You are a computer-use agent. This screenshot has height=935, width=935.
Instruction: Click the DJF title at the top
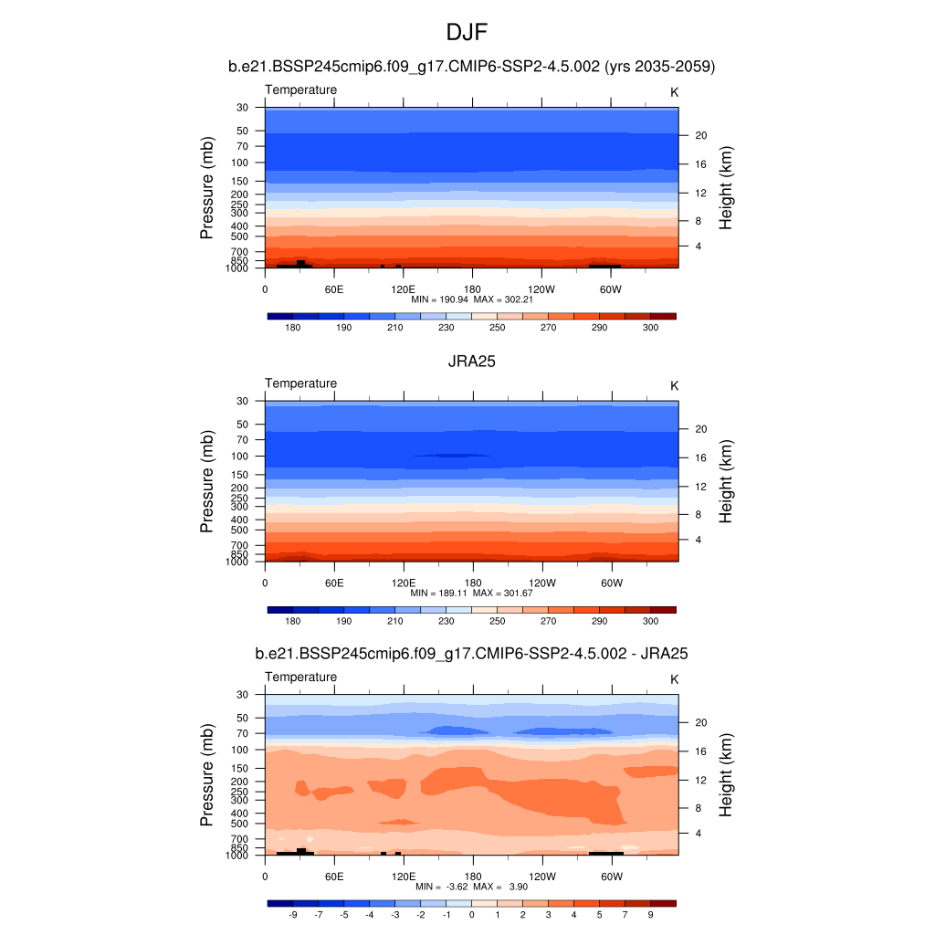(x=467, y=34)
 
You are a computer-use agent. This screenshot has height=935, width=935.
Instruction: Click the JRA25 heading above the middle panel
(x=471, y=361)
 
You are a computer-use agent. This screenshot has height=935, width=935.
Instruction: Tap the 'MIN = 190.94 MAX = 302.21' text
(x=472, y=299)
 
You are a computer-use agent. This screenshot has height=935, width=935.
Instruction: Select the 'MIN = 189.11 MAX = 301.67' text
(x=472, y=593)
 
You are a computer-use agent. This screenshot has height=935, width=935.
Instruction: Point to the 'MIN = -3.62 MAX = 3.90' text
(x=472, y=887)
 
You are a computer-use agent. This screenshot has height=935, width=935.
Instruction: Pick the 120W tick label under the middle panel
(x=541, y=583)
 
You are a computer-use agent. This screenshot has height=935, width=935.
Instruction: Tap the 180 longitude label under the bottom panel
(x=472, y=877)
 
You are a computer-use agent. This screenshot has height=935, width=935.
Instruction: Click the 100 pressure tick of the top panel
(x=241, y=163)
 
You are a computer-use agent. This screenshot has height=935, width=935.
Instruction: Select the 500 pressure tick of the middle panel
(x=241, y=530)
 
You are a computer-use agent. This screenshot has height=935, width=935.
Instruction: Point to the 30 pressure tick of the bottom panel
(x=244, y=695)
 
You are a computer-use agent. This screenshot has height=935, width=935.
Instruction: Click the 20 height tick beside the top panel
(x=701, y=135)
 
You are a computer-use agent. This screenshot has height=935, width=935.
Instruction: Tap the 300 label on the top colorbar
(x=650, y=327)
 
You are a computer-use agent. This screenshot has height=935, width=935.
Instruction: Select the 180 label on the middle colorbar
(x=293, y=621)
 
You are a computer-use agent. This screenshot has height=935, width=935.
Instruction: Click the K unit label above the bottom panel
(x=675, y=679)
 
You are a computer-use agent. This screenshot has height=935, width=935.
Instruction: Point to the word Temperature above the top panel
(x=300, y=89)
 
